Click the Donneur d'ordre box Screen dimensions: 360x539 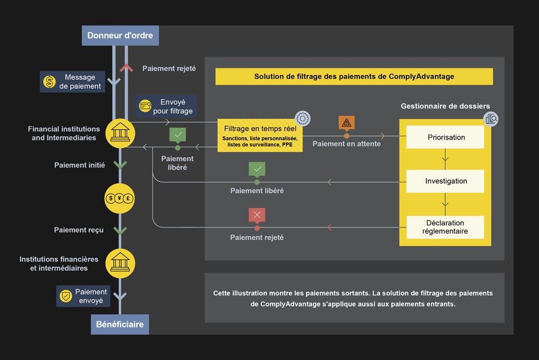[120, 36]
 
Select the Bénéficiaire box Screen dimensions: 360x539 [120, 324]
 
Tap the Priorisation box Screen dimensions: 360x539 [445, 137]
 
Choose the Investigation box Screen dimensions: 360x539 [445, 182]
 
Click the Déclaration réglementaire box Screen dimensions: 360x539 [445, 227]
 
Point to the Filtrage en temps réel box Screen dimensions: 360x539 [260, 135]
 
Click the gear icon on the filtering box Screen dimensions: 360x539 [303, 119]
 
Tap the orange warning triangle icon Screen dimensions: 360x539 [347, 123]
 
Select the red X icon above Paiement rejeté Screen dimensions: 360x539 [257, 215]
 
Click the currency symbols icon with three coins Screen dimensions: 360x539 [120, 198]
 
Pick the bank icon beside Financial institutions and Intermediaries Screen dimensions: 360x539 [120, 133]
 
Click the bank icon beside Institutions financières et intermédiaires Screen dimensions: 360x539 [120, 262]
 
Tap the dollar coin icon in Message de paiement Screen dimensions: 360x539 [50, 82]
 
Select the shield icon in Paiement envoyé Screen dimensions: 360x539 [66, 296]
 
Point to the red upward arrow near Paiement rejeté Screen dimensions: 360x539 [126, 68]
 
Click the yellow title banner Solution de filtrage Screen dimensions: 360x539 [354, 77]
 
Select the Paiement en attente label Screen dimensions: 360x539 [347, 144]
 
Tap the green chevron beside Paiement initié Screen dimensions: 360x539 [120, 164]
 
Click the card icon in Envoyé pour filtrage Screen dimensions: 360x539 [145, 106]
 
